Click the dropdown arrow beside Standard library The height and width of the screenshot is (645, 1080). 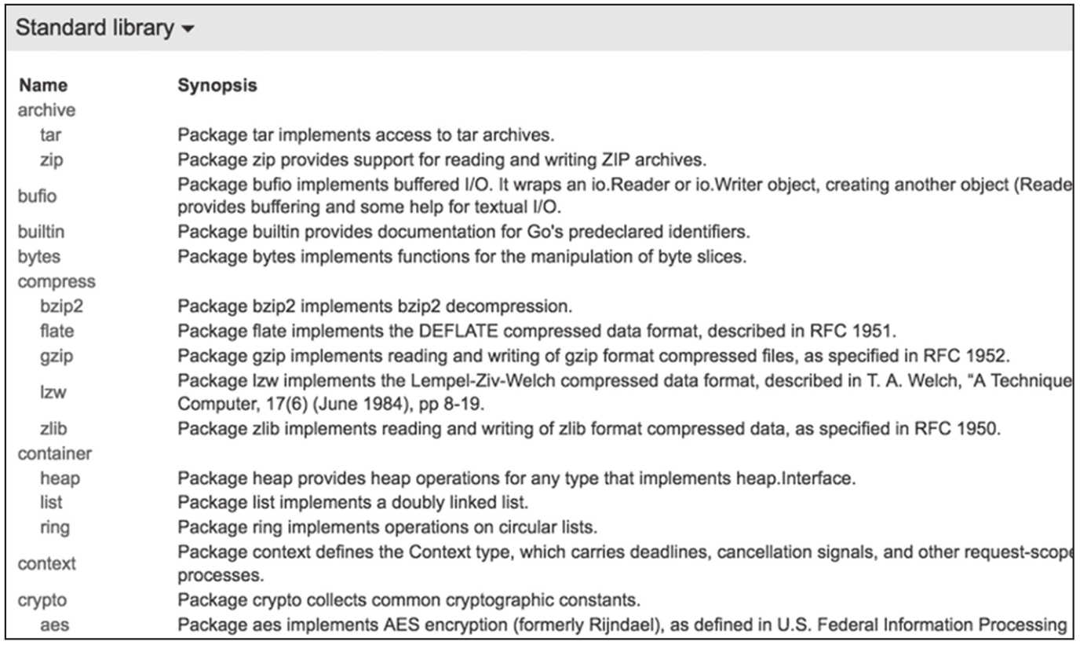(187, 30)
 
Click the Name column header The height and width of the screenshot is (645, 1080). (42, 86)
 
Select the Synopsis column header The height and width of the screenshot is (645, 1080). (217, 86)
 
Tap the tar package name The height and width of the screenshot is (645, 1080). (50, 134)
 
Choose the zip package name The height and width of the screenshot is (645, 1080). (51, 159)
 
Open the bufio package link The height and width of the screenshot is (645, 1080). (37, 196)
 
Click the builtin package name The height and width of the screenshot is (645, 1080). (40, 232)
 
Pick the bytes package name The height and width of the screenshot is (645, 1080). (38, 256)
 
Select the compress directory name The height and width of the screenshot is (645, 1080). (56, 280)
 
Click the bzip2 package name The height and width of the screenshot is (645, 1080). (59, 306)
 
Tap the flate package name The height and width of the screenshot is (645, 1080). (57, 330)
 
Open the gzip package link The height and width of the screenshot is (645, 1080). (56, 355)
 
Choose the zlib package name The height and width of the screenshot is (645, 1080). (54, 429)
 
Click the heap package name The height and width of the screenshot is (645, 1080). (60, 477)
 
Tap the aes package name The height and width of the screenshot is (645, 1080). (53, 625)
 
